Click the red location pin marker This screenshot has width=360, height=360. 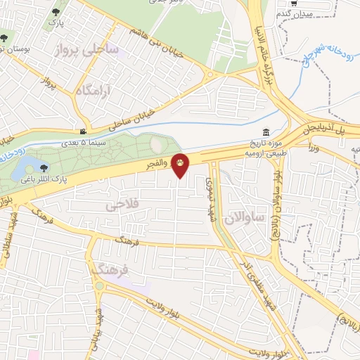[181, 164]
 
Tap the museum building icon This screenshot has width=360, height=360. [266, 133]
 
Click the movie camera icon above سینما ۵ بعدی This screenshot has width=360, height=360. [84, 131]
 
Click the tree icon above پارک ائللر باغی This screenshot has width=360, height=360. [45, 167]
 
